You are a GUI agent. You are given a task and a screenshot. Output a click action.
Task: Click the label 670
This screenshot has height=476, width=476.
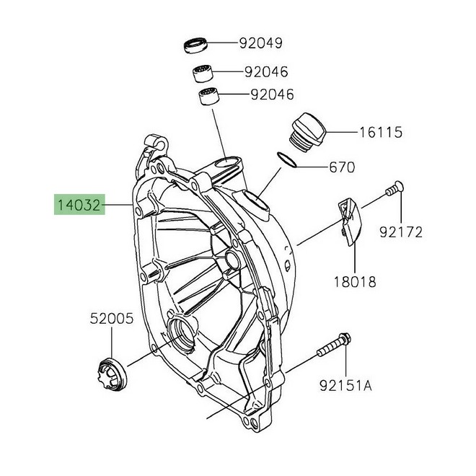[342, 168]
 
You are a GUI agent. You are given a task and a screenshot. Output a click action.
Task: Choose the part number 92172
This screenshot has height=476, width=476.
[402, 232]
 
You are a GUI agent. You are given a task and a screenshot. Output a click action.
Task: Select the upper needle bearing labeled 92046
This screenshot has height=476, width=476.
[203, 73]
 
